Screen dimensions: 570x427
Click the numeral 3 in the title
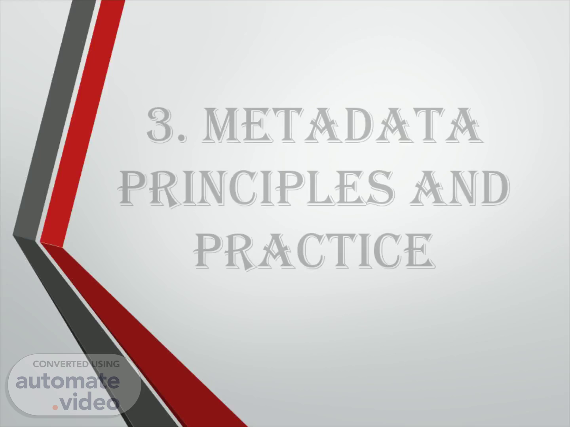coord(163,125)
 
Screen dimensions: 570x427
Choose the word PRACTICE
coord(315,250)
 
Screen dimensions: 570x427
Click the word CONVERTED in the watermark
coord(61,364)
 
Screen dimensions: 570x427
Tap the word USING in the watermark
coord(105,364)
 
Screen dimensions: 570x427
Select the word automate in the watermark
coord(68,382)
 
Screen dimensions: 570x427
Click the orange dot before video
coord(55,408)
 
